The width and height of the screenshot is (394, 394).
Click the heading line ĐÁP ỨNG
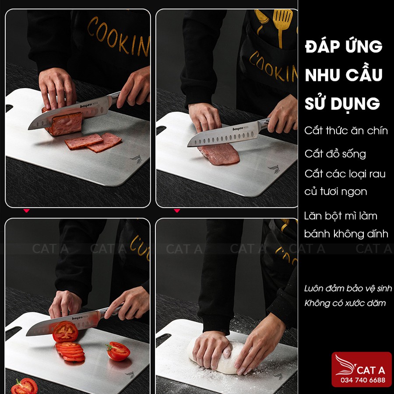(344, 47)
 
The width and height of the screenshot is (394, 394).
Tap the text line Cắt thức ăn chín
(346, 130)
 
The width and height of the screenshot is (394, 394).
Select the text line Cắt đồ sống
(335, 154)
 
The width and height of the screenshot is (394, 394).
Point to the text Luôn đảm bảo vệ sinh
(348, 288)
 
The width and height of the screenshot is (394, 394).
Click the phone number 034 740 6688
(362, 380)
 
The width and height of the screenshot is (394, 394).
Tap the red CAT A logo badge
(362, 369)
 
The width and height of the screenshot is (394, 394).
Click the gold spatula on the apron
(282, 25)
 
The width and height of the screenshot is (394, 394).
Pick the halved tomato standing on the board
(118, 351)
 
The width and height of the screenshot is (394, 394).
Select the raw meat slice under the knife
(219, 154)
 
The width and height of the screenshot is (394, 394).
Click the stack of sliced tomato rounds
(70, 351)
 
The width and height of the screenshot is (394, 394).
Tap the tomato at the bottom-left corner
(25, 386)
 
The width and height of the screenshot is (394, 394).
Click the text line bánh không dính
(346, 234)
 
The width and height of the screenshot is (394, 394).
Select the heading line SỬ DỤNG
(342, 103)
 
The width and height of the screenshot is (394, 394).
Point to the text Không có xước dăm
(345, 303)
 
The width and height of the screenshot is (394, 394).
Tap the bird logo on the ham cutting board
(137, 159)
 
